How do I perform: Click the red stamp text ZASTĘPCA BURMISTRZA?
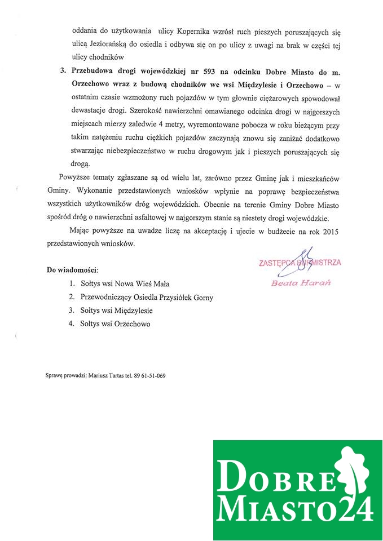click(x=300, y=263)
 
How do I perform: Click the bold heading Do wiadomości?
click(x=72, y=270)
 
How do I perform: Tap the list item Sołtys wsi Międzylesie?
click(x=116, y=311)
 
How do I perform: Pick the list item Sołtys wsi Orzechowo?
click(x=115, y=324)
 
